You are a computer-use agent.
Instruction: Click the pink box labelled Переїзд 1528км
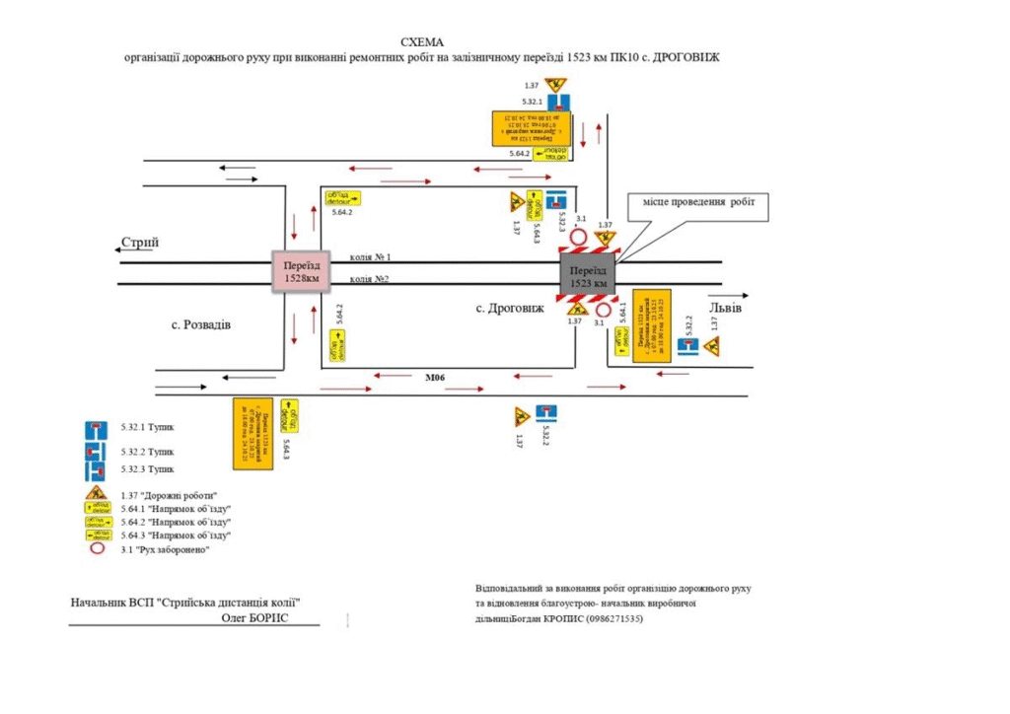(299, 271)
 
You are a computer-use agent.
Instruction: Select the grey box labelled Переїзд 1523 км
(587, 276)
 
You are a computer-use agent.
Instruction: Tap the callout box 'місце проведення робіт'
(697, 202)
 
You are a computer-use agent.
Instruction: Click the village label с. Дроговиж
(509, 309)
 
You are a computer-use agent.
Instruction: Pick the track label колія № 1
(371, 256)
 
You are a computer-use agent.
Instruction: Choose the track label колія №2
(370, 279)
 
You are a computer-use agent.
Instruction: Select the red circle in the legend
(96, 549)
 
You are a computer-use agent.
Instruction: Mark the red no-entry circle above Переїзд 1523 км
(579, 237)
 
